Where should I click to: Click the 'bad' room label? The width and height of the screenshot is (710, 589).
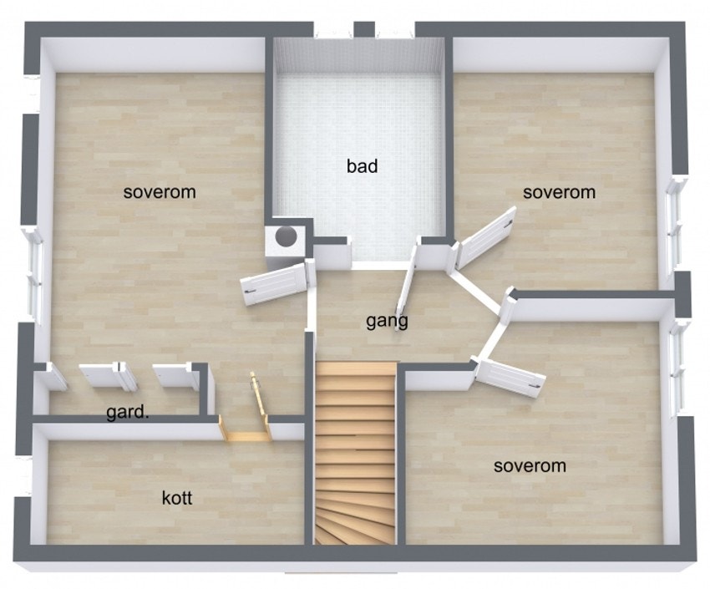click(363, 166)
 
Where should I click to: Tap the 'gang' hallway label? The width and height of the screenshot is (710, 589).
click(387, 321)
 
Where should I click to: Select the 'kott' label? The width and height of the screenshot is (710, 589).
click(177, 498)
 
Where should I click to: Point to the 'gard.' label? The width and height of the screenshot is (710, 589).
click(127, 413)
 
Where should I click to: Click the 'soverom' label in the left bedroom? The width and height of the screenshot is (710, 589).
click(160, 192)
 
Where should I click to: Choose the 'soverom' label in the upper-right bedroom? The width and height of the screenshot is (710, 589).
click(559, 192)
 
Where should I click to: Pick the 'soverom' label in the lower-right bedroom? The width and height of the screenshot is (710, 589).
click(530, 466)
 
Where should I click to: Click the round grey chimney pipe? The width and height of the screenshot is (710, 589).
click(287, 235)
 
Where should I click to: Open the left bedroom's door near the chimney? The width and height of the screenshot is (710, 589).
click(275, 284)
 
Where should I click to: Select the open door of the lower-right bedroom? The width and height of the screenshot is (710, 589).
click(510, 377)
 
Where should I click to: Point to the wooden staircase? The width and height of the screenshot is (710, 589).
click(355, 453)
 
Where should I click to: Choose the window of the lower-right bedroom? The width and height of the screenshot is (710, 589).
click(678, 368)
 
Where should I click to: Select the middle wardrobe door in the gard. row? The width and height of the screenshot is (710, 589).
click(108, 376)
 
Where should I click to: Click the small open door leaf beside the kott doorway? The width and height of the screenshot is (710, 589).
click(260, 394)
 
